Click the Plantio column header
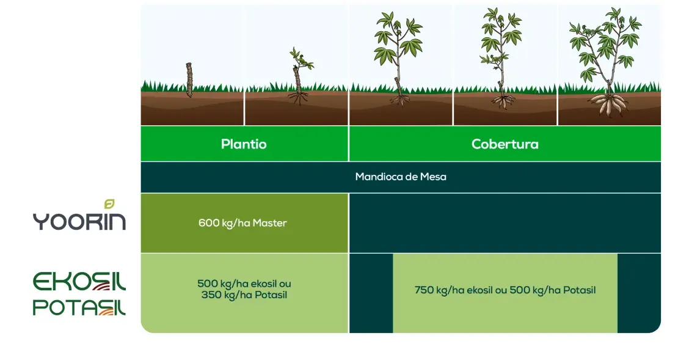pyautogui.click(x=244, y=144)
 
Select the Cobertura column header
pyautogui.click(x=505, y=144)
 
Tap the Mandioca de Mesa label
pyautogui.click(x=401, y=177)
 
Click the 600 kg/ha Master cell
pyautogui.click(x=242, y=223)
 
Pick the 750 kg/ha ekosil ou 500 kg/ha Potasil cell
pyautogui.click(x=505, y=290)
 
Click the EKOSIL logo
pyautogui.click(x=79, y=282)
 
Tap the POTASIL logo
pyautogui.click(x=79, y=307)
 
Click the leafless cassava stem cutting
pyautogui.click(x=189, y=79)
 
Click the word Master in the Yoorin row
pyautogui.click(x=269, y=223)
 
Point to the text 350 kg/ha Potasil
pyautogui.click(x=244, y=296)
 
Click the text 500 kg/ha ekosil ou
pyautogui.click(x=244, y=284)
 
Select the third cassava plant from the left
pyautogui.click(x=398, y=55)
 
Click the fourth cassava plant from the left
pyautogui.click(x=502, y=55)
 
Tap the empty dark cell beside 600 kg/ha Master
pyautogui.click(x=505, y=223)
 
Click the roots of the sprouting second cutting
pyautogui.click(x=298, y=97)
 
